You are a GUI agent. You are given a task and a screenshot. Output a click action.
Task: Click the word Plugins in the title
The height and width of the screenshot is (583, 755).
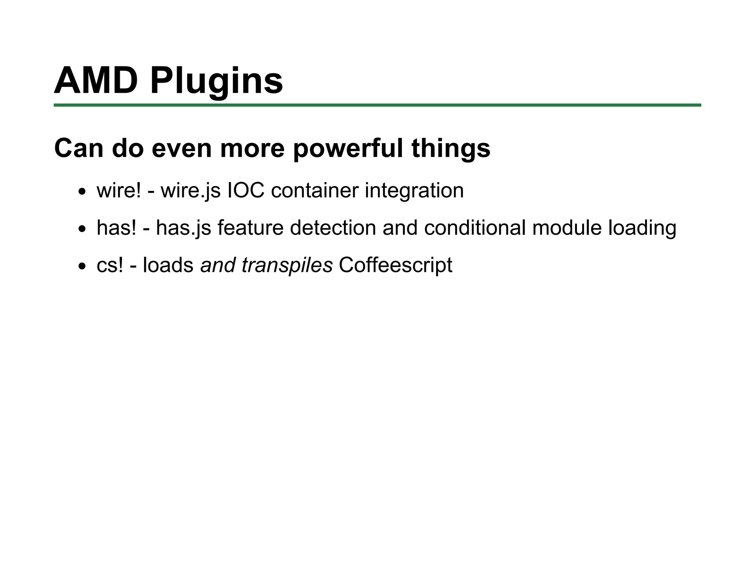[x=216, y=81]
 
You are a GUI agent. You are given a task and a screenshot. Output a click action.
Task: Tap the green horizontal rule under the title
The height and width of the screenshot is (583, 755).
[x=377, y=105]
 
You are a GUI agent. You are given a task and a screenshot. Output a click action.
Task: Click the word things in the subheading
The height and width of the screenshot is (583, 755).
[x=450, y=148]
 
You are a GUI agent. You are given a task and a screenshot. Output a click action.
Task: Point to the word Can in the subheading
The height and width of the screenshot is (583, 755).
[x=79, y=148]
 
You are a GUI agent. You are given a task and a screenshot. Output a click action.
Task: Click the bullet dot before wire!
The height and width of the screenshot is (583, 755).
[x=82, y=192]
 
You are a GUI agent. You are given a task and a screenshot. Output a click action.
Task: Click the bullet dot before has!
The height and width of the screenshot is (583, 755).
[x=82, y=229]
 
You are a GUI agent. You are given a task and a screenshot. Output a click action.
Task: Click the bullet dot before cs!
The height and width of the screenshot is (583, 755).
[x=82, y=266]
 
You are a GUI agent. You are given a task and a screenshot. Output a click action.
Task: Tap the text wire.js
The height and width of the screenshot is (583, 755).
[x=190, y=191]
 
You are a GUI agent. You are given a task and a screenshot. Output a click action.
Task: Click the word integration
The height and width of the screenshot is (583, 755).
[x=414, y=191]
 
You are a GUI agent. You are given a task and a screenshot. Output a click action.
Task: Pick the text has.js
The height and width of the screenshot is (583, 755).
[x=183, y=228]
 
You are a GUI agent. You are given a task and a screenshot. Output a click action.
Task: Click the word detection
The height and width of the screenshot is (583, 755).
[x=333, y=228]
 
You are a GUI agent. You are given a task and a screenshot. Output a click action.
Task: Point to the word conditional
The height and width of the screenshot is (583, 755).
[x=475, y=228]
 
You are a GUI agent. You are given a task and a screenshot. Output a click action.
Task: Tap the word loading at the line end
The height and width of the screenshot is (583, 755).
[x=642, y=228]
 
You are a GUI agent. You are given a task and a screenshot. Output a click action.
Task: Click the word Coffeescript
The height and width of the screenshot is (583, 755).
[x=395, y=265]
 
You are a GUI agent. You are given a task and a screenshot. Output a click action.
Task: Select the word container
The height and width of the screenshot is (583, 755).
[x=314, y=191]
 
